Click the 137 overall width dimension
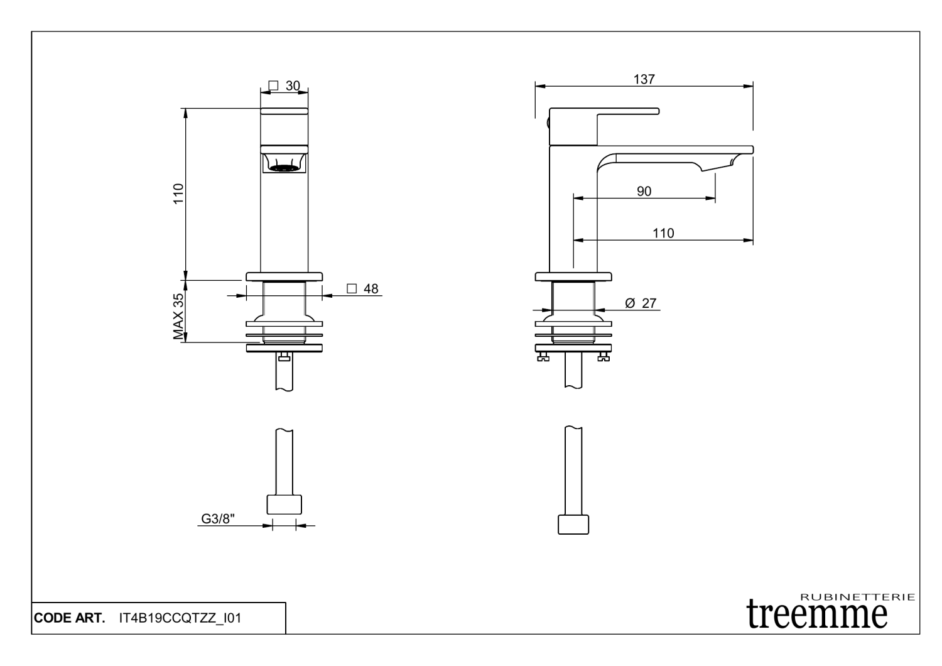[x=644, y=79]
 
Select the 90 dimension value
[x=644, y=192]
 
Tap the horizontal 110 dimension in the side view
[x=663, y=233]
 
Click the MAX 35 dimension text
[x=178, y=317]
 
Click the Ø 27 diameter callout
[x=641, y=303]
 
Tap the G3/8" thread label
[x=218, y=519]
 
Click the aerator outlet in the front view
[x=284, y=166]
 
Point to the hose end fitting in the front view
[x=284, y=505]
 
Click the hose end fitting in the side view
[x=573, y=525]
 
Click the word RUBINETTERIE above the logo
[x=858, y=596]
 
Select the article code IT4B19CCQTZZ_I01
[x=180, y=618]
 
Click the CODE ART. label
[x=69, y=618]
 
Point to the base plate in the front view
[x=284, y=276]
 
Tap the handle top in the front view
[x=284, y=111]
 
